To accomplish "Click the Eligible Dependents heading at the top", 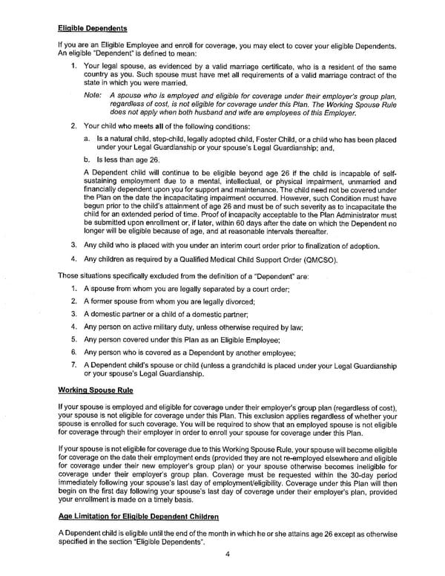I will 93,28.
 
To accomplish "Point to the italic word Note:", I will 93,96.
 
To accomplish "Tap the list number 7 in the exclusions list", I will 74,365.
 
